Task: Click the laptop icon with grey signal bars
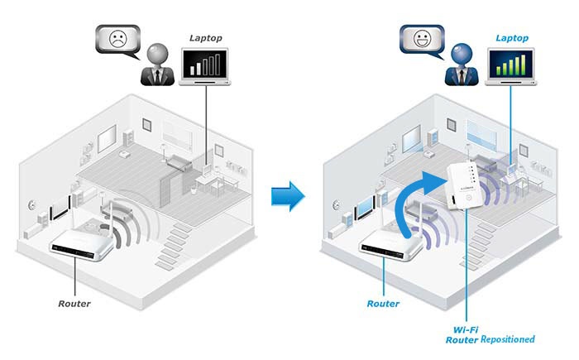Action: coord(206,68)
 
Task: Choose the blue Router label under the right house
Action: coord(382,303)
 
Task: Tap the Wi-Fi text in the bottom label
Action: coord(465,328)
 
